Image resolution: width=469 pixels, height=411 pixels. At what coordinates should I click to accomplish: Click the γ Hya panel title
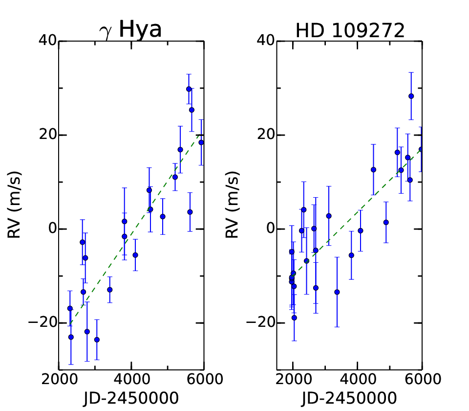click(130, 30)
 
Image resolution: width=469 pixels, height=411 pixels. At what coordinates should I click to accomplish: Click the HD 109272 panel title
click(350, 30)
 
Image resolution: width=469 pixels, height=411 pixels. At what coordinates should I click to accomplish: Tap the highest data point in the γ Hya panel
click(189, 89)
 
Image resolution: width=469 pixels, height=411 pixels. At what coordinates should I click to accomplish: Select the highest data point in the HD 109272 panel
click(411, 96)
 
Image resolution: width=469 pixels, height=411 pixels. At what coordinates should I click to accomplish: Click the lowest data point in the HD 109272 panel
click(294, 318)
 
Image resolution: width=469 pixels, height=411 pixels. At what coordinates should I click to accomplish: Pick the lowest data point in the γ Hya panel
click(97, 340)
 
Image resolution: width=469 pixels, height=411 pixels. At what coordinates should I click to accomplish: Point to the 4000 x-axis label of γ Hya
click(132, 379)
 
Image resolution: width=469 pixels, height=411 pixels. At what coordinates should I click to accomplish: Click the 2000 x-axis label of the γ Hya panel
click(59, 379)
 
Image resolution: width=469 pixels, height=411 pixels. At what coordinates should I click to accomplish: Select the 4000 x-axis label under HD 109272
click(358, 379)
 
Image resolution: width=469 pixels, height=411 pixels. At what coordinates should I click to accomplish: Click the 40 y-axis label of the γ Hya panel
click(48, 40)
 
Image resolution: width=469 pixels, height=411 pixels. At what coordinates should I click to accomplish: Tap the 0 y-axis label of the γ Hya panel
click(53, 228)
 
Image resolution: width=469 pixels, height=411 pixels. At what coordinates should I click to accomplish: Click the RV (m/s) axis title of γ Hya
click(14, 205)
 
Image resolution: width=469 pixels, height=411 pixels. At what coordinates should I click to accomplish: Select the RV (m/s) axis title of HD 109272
click(233, 205)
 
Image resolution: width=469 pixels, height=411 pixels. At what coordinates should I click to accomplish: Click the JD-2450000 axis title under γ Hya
click(131, 398)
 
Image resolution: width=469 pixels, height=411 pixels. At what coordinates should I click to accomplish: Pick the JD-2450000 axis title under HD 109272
click(349, 398)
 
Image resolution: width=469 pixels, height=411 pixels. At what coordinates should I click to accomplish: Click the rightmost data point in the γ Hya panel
click(201, 142)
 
